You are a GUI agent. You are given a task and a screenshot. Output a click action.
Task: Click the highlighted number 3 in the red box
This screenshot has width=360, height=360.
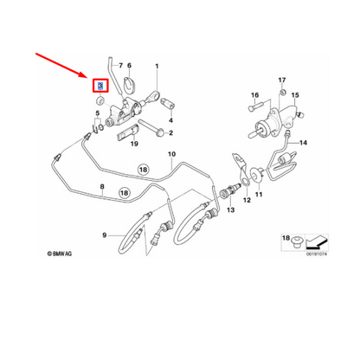pos(100,86)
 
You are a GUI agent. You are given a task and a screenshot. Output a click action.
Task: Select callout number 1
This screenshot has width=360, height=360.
pos(157,65)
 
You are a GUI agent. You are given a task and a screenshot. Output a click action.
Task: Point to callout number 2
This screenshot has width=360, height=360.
pos(171,132)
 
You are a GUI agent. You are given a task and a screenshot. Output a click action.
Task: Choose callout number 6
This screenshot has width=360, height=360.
pos(129,65)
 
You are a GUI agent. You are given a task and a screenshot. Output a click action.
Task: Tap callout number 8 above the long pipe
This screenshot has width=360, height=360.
pos(101,187)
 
